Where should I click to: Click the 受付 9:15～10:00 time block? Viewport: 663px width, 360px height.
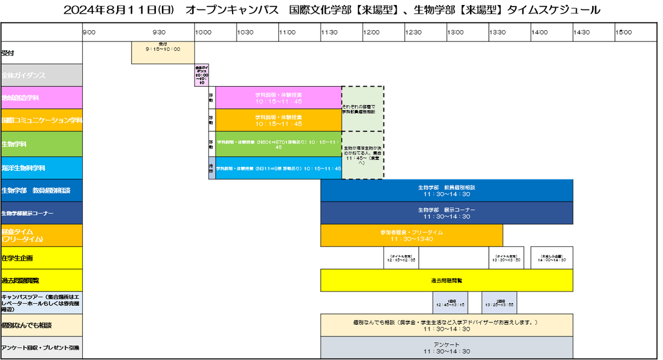[163, 52]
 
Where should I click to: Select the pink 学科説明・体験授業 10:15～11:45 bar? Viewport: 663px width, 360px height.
[278, 98]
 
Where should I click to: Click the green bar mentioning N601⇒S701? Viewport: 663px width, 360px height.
[278, 144]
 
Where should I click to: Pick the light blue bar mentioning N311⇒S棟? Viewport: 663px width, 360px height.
[278, 168]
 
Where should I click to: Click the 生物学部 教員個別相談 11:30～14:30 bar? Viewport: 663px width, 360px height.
[446, 190]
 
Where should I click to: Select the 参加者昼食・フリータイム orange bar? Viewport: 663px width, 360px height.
[412, 236]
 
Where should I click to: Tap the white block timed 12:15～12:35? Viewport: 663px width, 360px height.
[402, 258]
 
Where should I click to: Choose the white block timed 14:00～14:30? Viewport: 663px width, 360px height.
[552, 258]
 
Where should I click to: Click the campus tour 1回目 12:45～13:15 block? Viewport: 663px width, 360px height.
[450, 303]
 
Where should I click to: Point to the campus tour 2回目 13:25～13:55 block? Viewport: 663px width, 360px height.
[499, 303]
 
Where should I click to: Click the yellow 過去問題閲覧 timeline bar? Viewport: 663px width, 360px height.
[446, 280]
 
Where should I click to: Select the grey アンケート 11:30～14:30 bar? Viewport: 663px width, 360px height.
[446, 348]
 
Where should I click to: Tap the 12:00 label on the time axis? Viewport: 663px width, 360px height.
[371, 33]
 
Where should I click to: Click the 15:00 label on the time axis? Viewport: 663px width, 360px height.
[624, 33]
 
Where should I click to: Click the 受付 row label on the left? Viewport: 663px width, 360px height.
[8, 54]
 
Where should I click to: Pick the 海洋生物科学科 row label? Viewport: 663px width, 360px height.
[23, 168]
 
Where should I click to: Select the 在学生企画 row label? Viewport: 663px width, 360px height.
[17, 258]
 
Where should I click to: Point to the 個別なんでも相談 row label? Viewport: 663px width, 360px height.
[27, 326]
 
